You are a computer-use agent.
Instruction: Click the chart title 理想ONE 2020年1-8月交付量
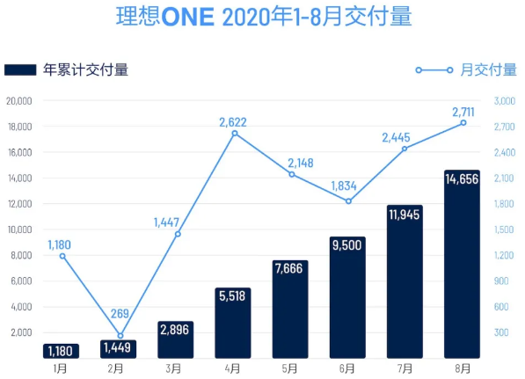(x=263, y=18)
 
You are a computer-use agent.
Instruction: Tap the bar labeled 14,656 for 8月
(x=462, y=264)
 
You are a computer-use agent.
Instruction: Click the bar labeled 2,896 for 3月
(x=176, y=339)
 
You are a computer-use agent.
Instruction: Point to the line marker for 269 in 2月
(x=120, y=336)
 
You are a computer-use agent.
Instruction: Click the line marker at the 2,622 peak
(x=234, y=134)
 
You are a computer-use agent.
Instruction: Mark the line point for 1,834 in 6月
(x=348, y=201)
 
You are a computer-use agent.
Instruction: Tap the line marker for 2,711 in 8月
(x=463, y=123)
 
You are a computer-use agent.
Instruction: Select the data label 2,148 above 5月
(x=295, y=163)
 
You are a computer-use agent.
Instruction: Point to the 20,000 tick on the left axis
(x=18, y=101)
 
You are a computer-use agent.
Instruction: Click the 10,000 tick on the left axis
(x=18, y=230)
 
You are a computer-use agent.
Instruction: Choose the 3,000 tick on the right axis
(x=503, y=101)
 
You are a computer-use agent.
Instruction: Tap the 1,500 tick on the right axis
(x=503, y=230)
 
